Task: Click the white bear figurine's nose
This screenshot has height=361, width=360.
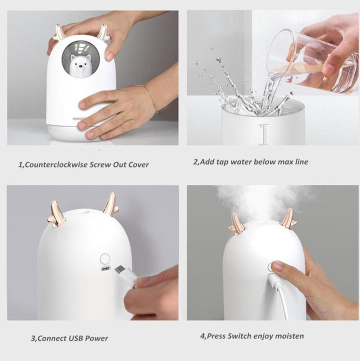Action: tap(80, 67)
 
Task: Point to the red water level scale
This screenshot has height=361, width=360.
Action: tap(264, 134)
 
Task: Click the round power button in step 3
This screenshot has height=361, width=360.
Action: tap(105, 259)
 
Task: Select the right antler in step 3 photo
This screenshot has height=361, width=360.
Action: tap(111, 204)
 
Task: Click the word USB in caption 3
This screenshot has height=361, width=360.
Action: tap(76, 338)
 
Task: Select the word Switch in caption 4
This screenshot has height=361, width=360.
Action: tap(238, 336)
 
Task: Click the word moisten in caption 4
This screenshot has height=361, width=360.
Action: tap(289, 336)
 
